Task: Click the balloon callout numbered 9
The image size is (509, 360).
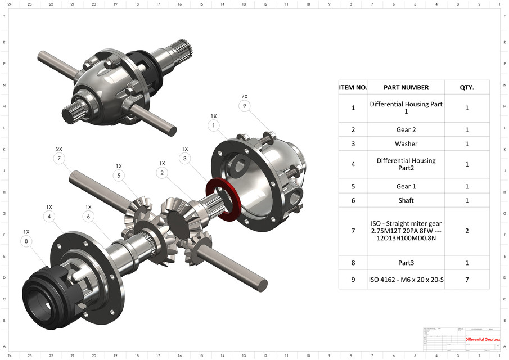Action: [x=244, y=106]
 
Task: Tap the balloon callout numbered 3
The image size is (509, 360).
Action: [x=185, y=159]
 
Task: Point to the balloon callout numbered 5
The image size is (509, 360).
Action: [x=119, y=175]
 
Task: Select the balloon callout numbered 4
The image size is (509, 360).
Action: [x=49, y=216]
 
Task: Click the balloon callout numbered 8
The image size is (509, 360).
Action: [x=26, y=241]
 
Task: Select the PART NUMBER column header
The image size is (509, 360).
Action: [x=406, y=87]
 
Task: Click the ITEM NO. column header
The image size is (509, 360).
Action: [x=353, y=87]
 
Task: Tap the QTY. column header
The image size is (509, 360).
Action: [x=467, y=87]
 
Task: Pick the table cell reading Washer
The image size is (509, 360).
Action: [x=406, y=144]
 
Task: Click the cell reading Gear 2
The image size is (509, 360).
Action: [x=406, y=129]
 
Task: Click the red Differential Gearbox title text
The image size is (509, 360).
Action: [x=482, y=339]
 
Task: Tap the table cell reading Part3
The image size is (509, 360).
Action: [x=406, y=263]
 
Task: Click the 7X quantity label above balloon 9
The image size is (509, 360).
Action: [x=244, y=96]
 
